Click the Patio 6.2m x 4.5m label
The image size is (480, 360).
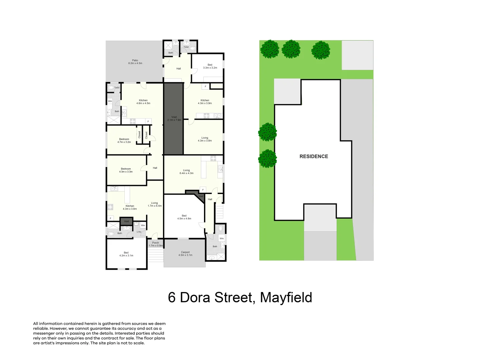pyautogui.click(x=135, y=62)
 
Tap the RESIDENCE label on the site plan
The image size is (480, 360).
pyautogui.click(x=314, y=156)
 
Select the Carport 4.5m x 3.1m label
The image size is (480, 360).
pyautogui.click(x=185, y=254)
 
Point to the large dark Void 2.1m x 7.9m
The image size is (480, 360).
pyautogui.click(x=174, y=119)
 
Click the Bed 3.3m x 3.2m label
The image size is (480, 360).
pyautogui.click(x=210, y=66)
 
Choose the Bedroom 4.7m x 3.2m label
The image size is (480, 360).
pyautogui.click(x=124, y=141)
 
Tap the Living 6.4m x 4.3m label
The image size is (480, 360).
pyautogui.click(x=186, y=172)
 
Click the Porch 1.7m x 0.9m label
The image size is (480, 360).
pyautogui.click(x=156, y=244)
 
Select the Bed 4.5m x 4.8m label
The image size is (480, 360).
pyautogui.click(x=184, y=217)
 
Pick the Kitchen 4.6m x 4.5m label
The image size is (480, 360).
pyautogui.click(x=143, y=102)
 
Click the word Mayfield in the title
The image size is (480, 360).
pyautogui.click(x=286, y=297)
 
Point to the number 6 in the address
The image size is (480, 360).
pyautogui.click(x=172, y=297)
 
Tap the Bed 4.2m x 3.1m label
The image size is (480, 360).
pyautogui.click(x=126, y=254)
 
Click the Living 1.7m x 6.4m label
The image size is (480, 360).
pyautogui.click(x=155, y=204)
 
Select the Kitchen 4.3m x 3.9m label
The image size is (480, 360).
pyautogui.click(x=205, y=102)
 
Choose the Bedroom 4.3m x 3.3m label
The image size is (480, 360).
pyautogui.click(x=126, y=170)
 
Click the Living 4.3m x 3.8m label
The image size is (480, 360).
pyautogui.click(x=205, y=139)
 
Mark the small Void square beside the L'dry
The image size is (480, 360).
pyautogui.click(x=126, y=221)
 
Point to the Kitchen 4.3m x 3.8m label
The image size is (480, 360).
pyautogui.click(x=130, y=207)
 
